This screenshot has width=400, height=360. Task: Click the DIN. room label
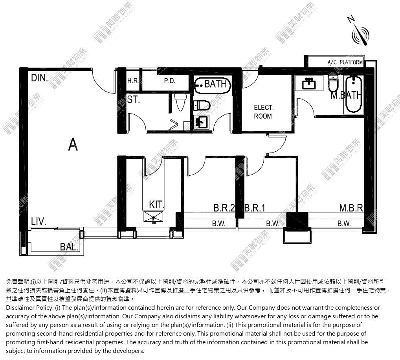point(39,78)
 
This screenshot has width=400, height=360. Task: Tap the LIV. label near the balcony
point(39,221)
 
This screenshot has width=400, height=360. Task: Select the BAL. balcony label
point(69,247)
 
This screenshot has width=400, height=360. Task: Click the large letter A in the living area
point(73,144)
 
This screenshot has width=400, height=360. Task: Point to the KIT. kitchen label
point(156,205)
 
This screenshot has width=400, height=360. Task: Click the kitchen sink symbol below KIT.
point(153,217)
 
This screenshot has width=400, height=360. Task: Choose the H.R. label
point(133,81)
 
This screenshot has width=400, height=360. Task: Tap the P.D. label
point(170,81)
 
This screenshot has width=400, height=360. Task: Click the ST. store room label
point(134,99)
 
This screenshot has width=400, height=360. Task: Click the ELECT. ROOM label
point(263,112)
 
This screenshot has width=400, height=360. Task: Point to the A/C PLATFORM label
point(345,62)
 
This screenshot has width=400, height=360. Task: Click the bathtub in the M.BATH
point(354,94)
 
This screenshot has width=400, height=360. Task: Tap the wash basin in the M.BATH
point(309,83)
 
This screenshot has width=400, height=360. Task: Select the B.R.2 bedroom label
point(224,208)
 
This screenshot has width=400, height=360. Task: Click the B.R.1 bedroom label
point(255,208)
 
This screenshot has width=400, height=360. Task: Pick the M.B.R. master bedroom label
point(351,208)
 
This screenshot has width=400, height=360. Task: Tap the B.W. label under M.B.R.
point(344,224)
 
